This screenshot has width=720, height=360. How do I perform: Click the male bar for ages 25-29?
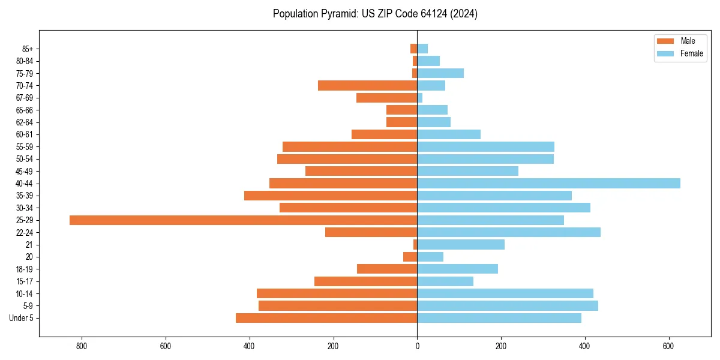pos(243,220)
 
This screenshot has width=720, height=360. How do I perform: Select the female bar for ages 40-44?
pos(548,184)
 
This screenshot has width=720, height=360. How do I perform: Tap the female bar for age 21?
pos(461,245)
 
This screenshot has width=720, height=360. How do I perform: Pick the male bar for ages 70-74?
pos(367,86)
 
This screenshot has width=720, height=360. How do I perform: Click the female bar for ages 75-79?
pos(440,73)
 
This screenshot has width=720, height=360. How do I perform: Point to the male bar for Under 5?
pos(326,318)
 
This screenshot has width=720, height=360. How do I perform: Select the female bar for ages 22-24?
pos(509,232)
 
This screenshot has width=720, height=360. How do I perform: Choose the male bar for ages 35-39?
pos(331,196)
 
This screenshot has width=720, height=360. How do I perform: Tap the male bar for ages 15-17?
pos(365,281)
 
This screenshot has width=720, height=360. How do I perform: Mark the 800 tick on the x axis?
pos(82,346)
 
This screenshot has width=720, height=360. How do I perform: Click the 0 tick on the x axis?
pos(417,346)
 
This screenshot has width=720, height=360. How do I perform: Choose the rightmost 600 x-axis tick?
pos(668,346)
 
